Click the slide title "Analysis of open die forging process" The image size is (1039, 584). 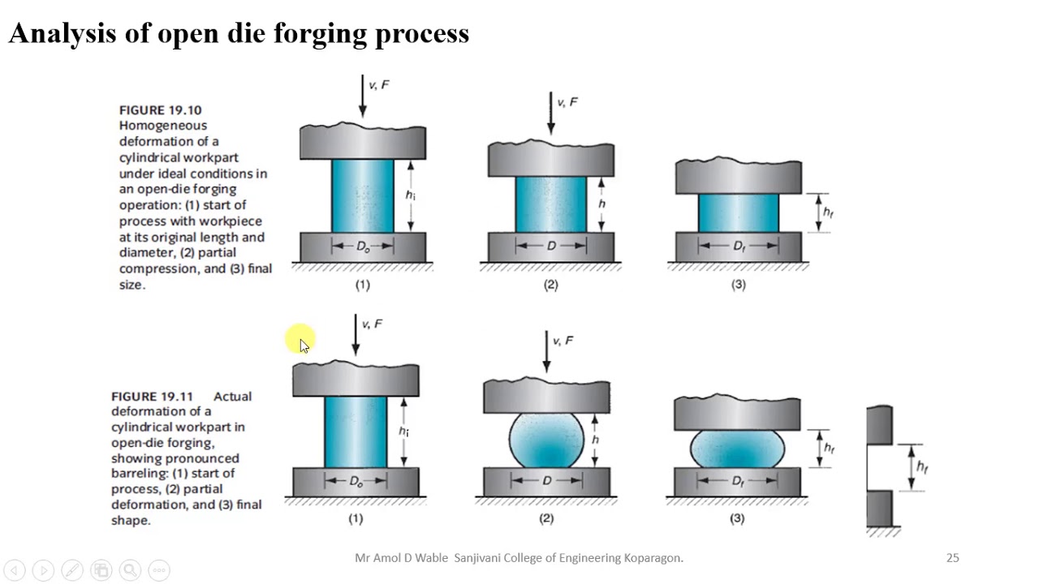coord(239,33)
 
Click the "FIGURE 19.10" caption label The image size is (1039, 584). coord(160,110)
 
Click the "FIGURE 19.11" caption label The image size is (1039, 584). coord(152,397)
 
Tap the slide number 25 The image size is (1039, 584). coord(952,558)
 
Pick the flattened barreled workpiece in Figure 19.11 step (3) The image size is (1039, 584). coord(737,449)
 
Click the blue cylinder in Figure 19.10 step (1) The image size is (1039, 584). coord(362,195)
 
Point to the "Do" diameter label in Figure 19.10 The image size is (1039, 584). coord(363,247)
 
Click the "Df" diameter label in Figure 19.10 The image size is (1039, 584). coord(739,247)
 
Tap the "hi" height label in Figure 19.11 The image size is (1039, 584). coord(403,432)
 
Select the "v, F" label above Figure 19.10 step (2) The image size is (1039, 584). coord(567,102)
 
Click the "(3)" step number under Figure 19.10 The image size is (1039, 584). coord(738,285)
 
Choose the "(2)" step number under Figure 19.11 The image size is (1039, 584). coord(546,518)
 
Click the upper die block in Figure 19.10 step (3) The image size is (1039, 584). coord(738,178)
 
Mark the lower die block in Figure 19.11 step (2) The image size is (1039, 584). coord(546,483)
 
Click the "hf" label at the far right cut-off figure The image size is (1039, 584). coord(921,467)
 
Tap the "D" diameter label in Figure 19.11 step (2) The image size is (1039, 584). coord(546,481)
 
